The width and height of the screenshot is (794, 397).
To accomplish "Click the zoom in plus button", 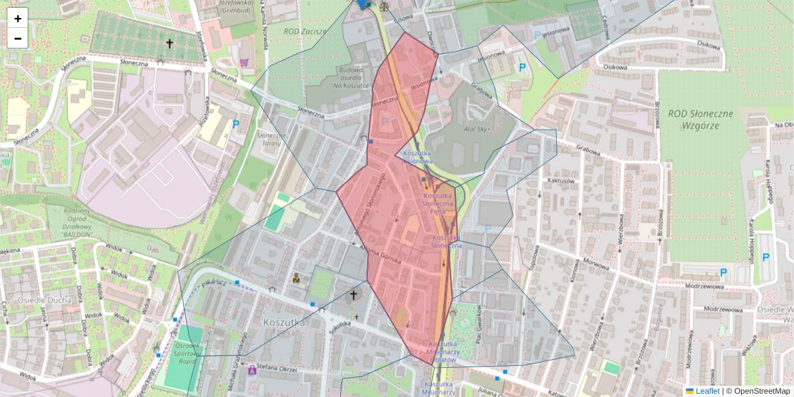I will click(18, 19).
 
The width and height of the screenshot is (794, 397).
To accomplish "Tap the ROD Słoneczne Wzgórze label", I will click(700, 118).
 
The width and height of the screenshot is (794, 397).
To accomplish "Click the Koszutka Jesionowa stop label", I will click(417, 157).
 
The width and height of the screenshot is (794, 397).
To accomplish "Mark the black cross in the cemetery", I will click(169, 44).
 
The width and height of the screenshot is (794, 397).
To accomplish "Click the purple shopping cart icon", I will click(245, 62).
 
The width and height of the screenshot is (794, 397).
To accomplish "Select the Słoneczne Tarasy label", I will click(270, 138).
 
